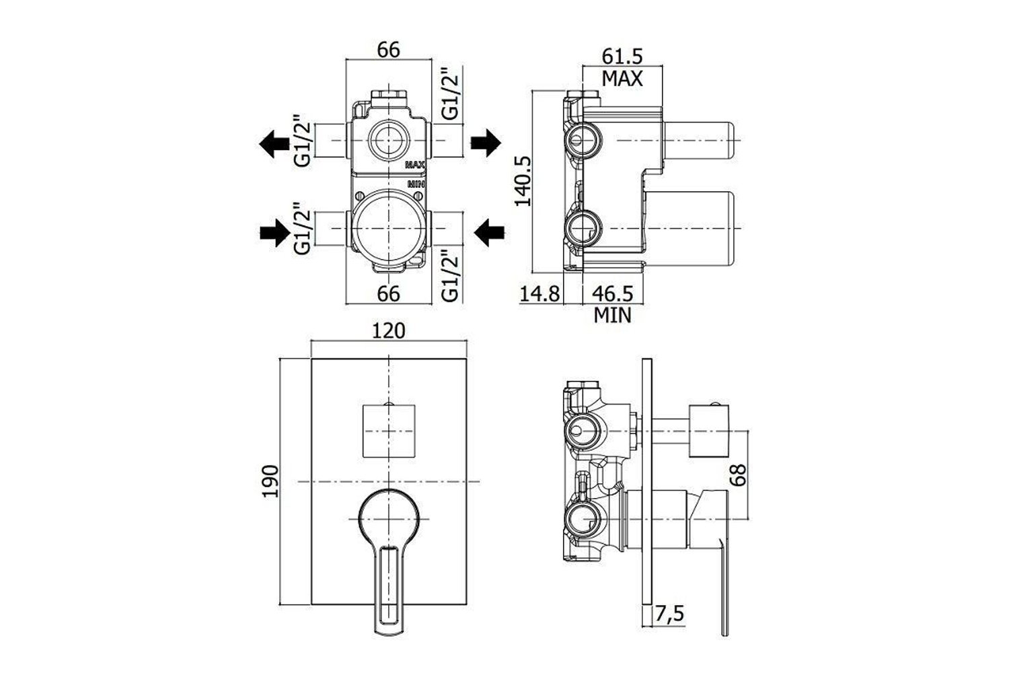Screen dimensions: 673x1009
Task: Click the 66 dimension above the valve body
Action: coord(389,50)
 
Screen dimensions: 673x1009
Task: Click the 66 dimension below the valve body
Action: coord(389,293)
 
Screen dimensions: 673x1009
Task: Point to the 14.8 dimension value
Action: coord(540,294)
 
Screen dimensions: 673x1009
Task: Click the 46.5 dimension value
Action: coord(613,294)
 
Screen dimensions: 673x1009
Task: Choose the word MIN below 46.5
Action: coord(613,314)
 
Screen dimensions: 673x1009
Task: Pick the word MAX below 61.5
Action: coord(622,79)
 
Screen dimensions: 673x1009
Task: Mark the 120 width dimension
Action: coord(389,330)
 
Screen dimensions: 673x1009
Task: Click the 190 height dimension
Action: coord(270,481)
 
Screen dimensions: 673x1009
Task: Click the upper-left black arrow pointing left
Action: coord(273,143)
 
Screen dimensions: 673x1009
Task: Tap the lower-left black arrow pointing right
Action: coord(273,234)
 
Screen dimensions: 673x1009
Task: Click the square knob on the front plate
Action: coord(389,431)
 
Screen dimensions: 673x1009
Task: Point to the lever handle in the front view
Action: coord(389,559)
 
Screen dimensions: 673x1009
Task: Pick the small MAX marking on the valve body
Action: coord(414,164)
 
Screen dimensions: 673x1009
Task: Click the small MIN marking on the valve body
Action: coord(414,183)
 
